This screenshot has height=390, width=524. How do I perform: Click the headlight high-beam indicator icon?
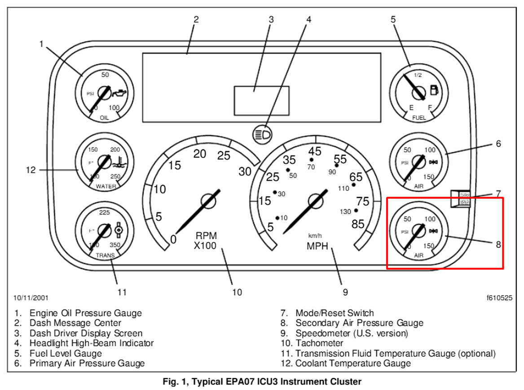[x=262, y=134]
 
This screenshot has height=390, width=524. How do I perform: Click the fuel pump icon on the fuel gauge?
[x=434, y=90]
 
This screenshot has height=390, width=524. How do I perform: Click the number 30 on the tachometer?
[x=245, y=171]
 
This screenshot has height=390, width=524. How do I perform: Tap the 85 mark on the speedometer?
[x=358, y=224]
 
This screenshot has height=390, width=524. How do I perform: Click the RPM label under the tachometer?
[x=206, y=236]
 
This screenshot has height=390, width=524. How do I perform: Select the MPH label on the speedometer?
[x=317, y=246]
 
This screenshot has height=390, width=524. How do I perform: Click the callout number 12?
[x=31, y=170]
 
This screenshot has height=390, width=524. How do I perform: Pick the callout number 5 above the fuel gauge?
[x=393, y=19]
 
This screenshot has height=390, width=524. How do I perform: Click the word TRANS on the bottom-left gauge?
[x=105, y=255]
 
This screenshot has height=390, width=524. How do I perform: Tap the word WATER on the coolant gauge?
[x=106, y=186]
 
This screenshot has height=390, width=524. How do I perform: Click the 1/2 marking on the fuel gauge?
[x=418, y=75]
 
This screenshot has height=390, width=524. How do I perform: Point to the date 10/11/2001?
[x=31, y=298]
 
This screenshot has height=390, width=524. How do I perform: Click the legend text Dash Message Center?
[x=75, y=323]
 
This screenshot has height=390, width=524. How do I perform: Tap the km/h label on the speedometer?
[x=315, y=235]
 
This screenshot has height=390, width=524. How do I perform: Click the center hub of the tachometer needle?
[x=208, y=201]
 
